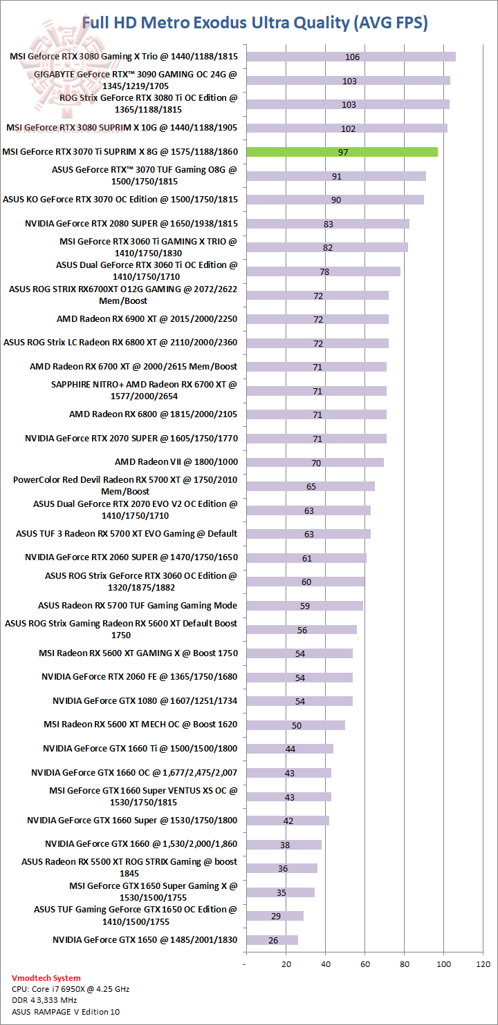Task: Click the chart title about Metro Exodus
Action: pyautogui.click(x=255, y=23)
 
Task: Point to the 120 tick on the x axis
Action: pyautogui.click(x=483, y=964)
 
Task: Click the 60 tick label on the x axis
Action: pyautogui.click(x=365, y=964)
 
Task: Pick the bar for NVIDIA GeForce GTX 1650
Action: pyautogui.click(x=272, y=940)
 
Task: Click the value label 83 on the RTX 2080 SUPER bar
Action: pyautogui.click(x=329, y=224)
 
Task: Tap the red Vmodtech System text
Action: pyautogui.click(x=46, y=978)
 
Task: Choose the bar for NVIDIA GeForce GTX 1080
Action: pyautogui.click(x=299, y=701)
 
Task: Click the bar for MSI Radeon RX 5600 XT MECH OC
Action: pyautogui.click(x=295, y=725)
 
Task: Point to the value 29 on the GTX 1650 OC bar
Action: pyautogui.click(x=277, y=916)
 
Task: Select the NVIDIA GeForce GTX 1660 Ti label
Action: pyautogui.click(x=140, y=749)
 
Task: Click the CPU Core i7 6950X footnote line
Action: pyautogui.click(x=71, y=989)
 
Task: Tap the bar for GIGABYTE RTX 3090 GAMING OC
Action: pyautogui.click(x=348, y=81)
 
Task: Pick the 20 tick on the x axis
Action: pyautogui.click(x=285, y=964)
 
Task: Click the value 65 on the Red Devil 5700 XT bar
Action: pyautogui.click(x=311, y=486)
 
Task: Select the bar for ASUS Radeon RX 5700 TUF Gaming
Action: pyautogui.click(x=304, y=606)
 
